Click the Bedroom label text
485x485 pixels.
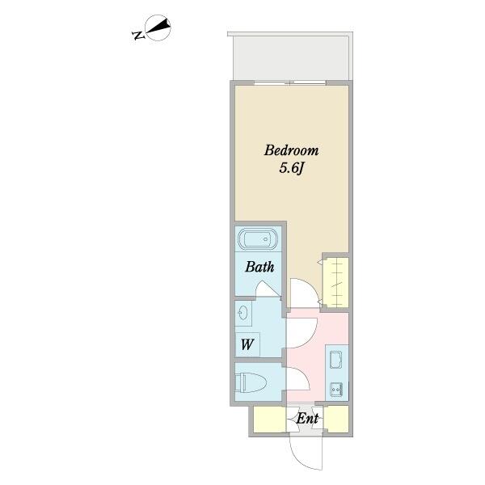(291, 150)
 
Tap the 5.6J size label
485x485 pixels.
(292, 168)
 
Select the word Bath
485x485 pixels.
(259, 267)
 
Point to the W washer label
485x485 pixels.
(247, 344)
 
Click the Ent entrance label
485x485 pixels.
(307, 419)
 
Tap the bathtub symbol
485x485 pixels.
(258, 239)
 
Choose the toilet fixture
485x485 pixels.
(251, 382)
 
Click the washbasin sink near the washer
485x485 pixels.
(243, 313)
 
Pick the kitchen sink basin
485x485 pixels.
(335, 360)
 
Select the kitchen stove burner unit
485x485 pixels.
(336, 389)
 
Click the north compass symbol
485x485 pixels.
(158, 27)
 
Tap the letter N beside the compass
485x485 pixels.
(138, 36)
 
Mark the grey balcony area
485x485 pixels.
(291, 58)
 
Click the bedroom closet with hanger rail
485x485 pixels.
(335, 282)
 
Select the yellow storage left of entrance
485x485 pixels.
(269, 419)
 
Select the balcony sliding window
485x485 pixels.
(290, 82)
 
